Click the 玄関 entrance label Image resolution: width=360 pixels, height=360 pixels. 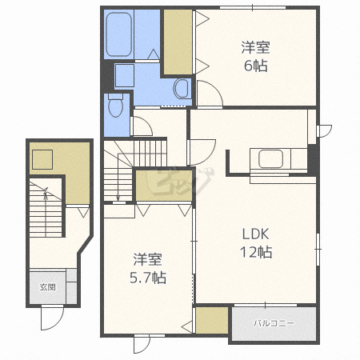click(48, 287)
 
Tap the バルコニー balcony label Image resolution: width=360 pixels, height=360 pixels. click(274, 323)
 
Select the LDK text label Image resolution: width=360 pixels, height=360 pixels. click(255, 234)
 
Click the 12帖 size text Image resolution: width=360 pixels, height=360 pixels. click(256, 252)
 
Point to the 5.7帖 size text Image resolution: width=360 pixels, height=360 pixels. click(148, 278)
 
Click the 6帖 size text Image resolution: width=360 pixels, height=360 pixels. click(255, 66)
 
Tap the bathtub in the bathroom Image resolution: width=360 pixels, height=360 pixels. click(119, 34)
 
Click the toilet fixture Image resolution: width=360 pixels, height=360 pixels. click(116, 105)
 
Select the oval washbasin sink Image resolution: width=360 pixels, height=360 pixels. click(182, 88)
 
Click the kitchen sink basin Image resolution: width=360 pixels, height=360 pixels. click(270, 159)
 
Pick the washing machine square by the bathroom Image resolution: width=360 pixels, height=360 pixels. click(124, 76)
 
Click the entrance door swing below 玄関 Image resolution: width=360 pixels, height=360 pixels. click(52, 318)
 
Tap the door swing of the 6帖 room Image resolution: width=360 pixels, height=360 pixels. click(210, 94)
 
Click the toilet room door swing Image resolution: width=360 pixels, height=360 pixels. click(142, 126)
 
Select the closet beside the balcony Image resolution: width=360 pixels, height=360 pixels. click(212, 320)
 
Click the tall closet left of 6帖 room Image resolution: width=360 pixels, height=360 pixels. click(178, 42)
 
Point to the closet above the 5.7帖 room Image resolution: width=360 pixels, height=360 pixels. click(164, 186)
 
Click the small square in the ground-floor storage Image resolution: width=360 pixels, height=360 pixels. click(42, 159)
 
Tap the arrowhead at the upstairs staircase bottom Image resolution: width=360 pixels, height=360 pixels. click(118, 198)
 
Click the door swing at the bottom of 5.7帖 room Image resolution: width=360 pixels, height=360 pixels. click(142, 346)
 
